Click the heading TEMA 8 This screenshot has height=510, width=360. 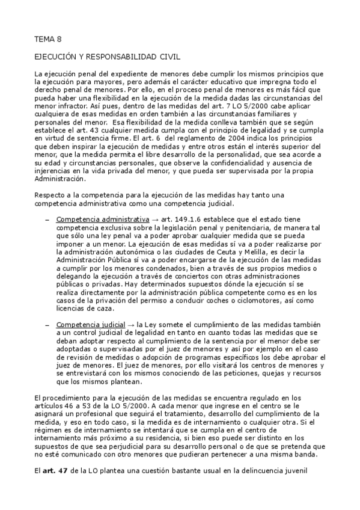click(x=47, y=40)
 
